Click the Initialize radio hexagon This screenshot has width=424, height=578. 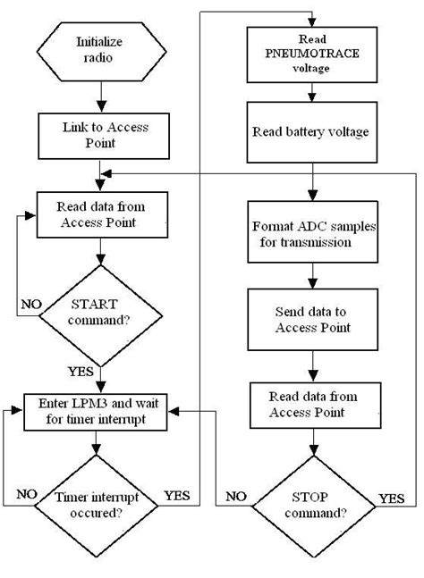100,48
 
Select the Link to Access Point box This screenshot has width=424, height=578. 100,135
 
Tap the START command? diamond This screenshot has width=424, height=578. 100,312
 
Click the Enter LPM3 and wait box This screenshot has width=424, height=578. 100,410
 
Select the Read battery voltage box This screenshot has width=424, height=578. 311,130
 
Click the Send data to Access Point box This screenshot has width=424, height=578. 311,320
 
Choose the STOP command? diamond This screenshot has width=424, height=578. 311,505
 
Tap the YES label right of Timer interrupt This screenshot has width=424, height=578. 177,492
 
